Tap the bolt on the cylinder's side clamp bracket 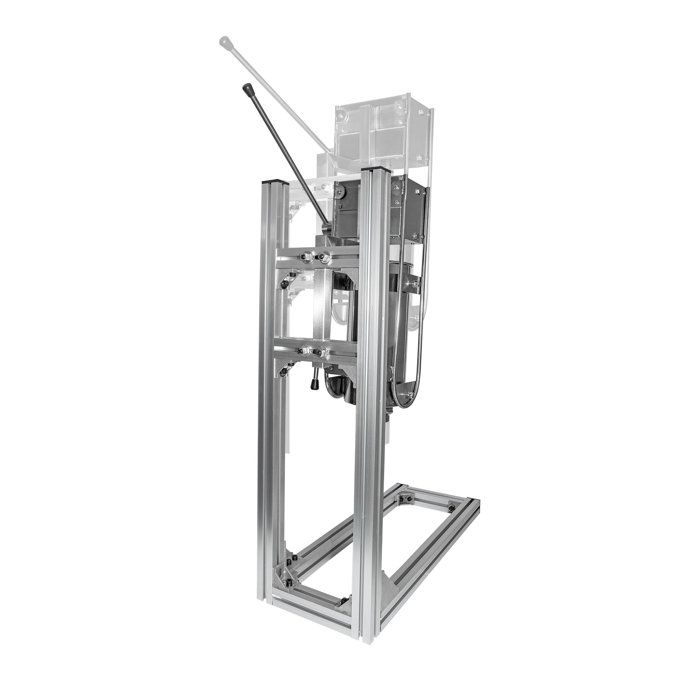click(x=415, y=284)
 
